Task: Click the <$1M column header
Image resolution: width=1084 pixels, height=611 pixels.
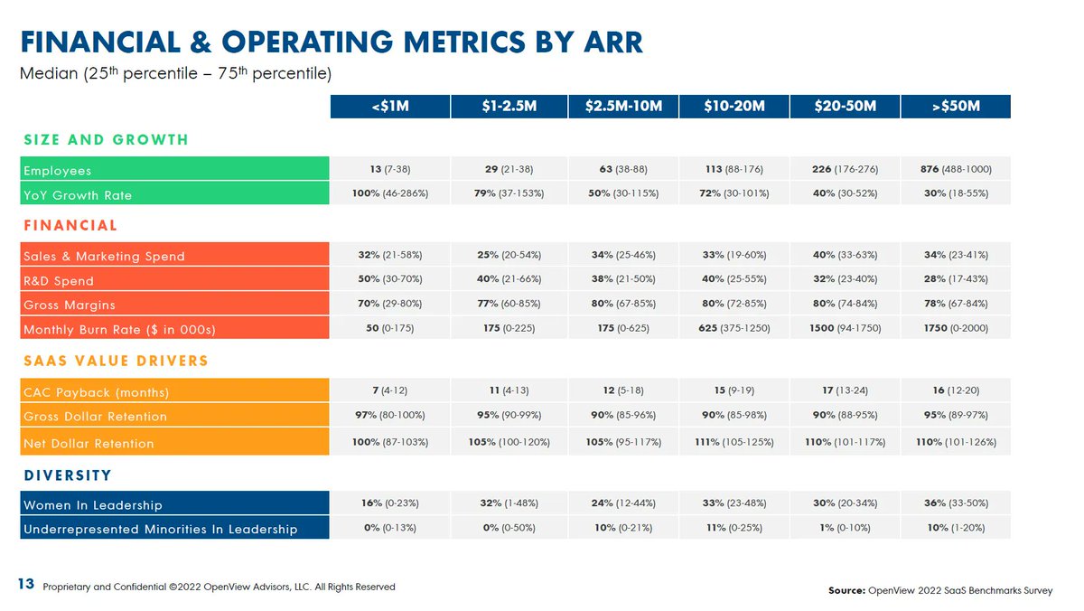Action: pos(390,107)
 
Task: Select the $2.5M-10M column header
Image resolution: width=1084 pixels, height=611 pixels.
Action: pos(623,107)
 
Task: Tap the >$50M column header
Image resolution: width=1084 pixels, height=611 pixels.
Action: pos(956,107)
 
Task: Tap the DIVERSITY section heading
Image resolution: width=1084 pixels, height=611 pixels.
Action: pos(67,475)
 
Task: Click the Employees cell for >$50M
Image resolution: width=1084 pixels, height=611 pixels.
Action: pos(956,170)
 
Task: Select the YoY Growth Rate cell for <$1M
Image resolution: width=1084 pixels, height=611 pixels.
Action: pos(390,194)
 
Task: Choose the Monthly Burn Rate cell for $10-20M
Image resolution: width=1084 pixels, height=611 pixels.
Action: pos(734,328)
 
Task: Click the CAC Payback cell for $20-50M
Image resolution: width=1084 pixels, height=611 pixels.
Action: pos(845,391)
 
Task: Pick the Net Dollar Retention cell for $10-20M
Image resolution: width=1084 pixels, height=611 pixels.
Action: pos(734,443)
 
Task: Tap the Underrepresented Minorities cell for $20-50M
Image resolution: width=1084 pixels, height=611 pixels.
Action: pos(845,528)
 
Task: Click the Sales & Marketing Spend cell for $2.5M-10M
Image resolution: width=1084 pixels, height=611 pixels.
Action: pos(623,255)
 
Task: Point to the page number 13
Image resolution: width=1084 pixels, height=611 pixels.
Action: pos(27,586)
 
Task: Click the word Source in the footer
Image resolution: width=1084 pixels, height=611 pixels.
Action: pos(846,591)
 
